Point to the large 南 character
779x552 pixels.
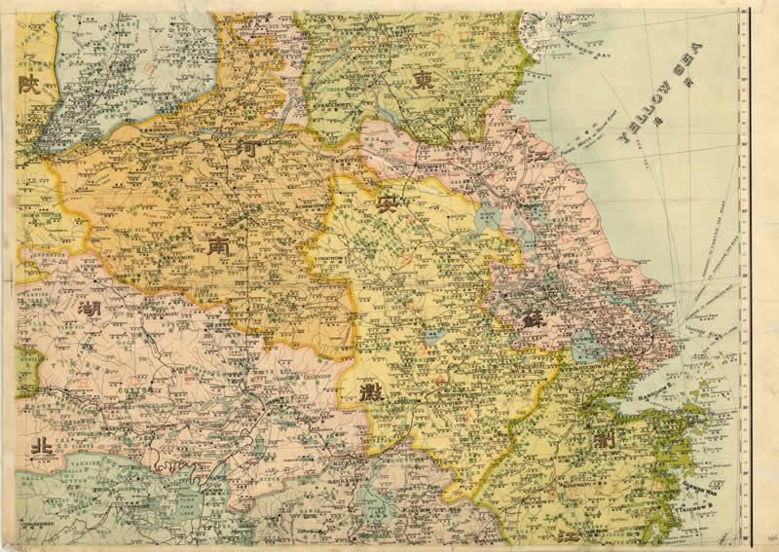215,247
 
